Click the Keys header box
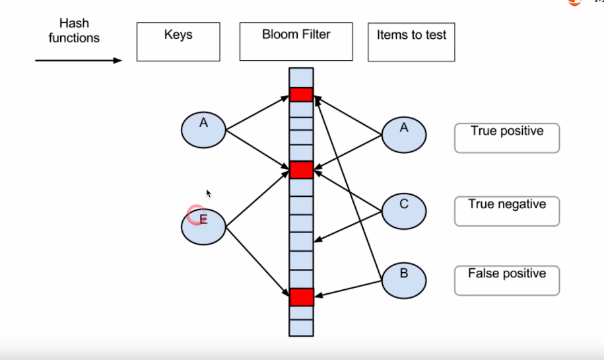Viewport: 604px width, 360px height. [178, 42]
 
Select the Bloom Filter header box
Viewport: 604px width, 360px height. [296, 42]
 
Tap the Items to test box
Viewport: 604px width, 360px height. [411, 42]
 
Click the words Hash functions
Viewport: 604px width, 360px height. [74, 31]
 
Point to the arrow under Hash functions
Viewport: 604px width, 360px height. [79, 61]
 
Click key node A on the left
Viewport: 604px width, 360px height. [203, 129]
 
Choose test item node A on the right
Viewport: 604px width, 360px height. [404, 135]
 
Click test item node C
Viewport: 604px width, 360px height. [404, 211]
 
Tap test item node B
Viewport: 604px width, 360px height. [404, 281]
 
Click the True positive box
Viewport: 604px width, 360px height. [507, 138]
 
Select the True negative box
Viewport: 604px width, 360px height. [507, 211]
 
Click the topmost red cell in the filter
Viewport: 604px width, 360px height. [301, 94]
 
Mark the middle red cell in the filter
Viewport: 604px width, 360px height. [301, 170]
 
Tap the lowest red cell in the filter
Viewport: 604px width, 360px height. [301, 297]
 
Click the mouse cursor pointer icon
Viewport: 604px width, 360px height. [209, 194]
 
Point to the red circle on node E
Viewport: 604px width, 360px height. [195, 215]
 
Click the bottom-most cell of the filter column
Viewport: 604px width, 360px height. [301, 328]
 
